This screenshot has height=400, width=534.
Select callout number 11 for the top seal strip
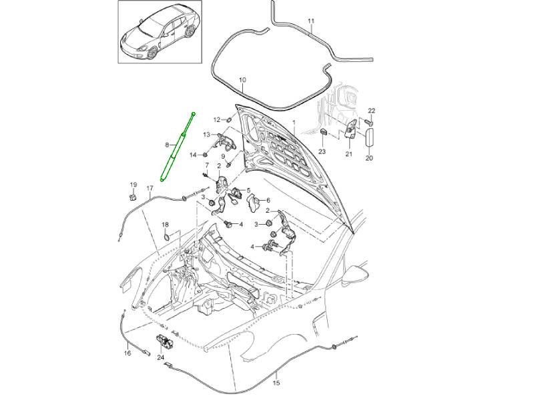tap(310, 21)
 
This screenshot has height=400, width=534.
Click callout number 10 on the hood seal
tap(242, 79)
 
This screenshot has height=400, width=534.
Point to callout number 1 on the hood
tap(293, 124)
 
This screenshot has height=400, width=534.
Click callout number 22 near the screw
tap(372, 110)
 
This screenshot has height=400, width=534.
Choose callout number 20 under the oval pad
tap(369, 159)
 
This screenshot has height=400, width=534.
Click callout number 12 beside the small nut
tap(217, 119)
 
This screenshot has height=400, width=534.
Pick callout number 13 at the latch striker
tap(207, 135)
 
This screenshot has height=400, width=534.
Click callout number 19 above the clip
tap(133, 185)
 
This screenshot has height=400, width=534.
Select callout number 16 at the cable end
tap(127, 353)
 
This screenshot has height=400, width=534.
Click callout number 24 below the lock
tap(160, 357)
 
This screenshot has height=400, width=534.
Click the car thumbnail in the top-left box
tap(158, 33)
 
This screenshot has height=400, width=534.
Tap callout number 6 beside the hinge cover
tap(268, 200)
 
